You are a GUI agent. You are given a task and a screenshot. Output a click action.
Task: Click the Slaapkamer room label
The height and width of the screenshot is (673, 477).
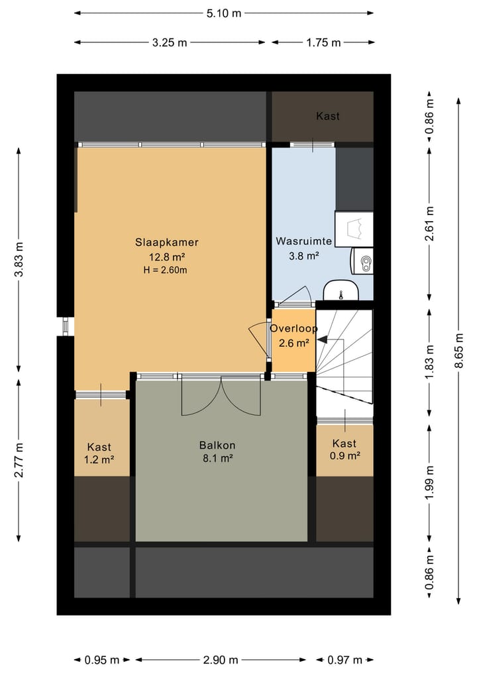tap(167, 242)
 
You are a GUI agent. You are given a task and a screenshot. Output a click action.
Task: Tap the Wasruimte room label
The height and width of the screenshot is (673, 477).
tap(304, 241)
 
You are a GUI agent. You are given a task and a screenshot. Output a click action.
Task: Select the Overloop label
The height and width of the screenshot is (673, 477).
tap(294, 328)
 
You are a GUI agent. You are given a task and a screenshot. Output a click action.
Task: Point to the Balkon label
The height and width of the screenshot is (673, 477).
tap(217, 445)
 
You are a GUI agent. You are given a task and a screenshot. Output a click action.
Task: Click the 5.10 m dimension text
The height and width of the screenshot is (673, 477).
tap(224, 13)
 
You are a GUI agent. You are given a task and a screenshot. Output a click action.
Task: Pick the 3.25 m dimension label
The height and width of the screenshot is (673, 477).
tap(170, 42)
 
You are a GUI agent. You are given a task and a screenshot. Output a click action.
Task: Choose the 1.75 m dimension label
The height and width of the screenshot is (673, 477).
tap(323, 42)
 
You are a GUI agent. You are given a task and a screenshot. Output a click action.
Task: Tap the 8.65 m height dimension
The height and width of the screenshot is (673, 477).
tap(459, 350)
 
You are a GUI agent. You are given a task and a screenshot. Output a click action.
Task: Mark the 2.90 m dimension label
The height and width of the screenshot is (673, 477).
tap(221, 660)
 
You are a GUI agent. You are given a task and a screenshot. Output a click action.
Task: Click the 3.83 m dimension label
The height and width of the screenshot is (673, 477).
tap(19, 259)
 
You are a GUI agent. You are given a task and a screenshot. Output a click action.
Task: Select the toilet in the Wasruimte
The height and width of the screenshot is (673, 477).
tap(362, 261)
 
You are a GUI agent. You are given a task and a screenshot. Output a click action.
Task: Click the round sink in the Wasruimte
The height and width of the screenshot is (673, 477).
tap(341, 291)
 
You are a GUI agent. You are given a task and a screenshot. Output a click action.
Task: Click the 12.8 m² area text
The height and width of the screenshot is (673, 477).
tap(167, 257)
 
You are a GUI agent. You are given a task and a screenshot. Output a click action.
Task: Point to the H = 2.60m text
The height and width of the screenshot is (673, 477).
tap(165, 270)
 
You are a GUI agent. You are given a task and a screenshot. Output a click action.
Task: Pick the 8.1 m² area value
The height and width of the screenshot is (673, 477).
tap(218, 459)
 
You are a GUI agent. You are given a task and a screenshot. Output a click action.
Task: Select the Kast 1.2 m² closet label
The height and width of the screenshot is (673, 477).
tap(99, 454)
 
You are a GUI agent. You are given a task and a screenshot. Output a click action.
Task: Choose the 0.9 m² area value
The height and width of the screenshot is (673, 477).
tap(344, 456)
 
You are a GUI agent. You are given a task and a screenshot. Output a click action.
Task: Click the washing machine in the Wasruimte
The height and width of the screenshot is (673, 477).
tap(354, 229)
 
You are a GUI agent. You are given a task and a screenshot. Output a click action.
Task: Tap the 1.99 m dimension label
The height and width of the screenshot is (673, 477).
tap(429, 482)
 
